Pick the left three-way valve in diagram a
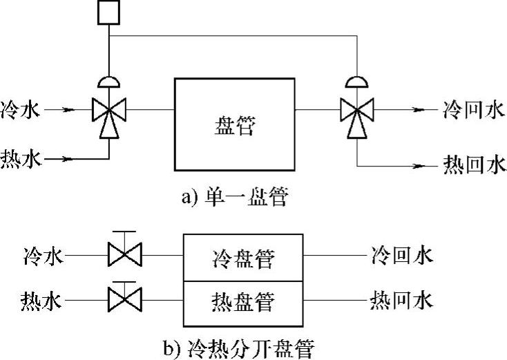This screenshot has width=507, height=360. pos(108,111)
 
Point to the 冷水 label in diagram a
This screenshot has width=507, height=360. pos(23,109)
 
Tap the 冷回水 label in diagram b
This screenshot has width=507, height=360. pos(401,257)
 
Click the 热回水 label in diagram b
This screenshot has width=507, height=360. pos(401,301)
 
